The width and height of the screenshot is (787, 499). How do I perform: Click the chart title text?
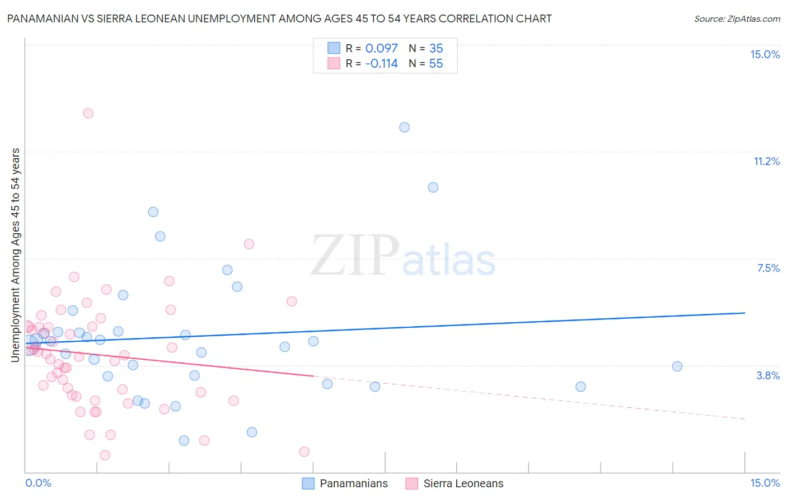[x=279, y=18]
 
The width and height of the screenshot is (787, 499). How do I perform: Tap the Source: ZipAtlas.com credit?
[x=737, y=18]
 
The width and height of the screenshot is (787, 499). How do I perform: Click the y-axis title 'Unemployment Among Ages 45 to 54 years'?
[x=16, y=255]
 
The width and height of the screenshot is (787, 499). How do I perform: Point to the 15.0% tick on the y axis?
[x=765, y=54]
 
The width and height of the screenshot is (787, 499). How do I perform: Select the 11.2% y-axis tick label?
[x=766, y=161]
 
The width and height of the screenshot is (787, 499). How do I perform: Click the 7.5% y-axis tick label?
[x=768, y=268]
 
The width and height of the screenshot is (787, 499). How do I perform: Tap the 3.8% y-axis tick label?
[x=768, y=375]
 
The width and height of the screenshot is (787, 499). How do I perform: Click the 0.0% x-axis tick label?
[x=38, y=483]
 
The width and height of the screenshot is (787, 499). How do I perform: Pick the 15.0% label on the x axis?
[x=765, y=483]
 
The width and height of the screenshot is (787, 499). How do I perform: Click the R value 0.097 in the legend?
[x=381, y=49]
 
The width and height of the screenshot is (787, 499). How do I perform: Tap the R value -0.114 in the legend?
[x=381, y=64]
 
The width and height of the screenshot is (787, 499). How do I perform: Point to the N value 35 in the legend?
[x=436, y=49]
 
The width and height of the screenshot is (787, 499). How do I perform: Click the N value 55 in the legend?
[x=436, y=64]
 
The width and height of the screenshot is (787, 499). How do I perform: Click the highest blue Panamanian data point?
[x=404, y=127]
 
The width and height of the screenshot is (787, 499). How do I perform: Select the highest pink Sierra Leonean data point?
[x=88, y=113]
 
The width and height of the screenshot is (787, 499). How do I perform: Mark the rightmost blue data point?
[x=677, y=366]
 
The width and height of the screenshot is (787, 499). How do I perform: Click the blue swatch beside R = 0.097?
[x=334, y=48]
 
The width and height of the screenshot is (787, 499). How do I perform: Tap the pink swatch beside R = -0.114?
[x=334, y=63]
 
